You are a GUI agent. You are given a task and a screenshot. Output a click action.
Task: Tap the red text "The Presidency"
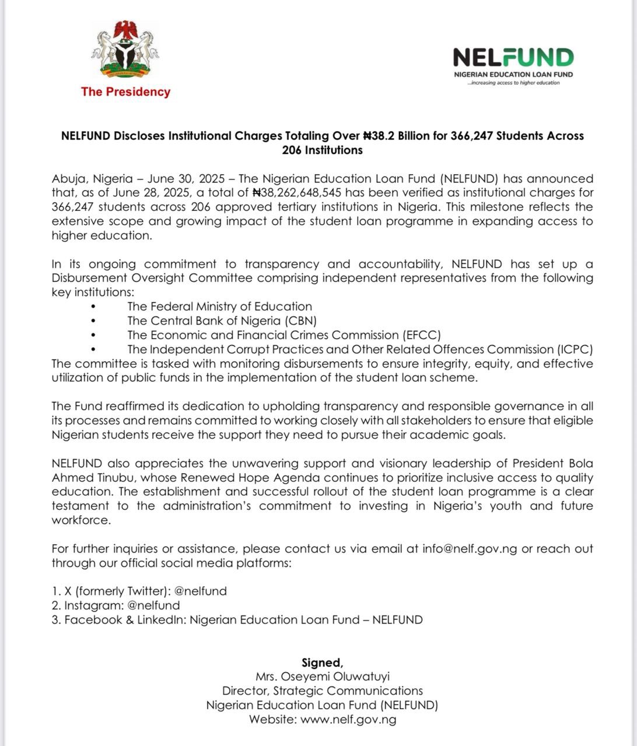(x=125, y=92)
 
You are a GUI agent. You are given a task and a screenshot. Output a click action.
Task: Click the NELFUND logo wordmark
(x=513, y=58)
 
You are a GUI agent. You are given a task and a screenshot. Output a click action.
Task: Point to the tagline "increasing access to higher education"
(x=514, y=83)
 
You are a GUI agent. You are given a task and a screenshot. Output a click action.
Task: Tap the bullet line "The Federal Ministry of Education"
(x=219, y=307)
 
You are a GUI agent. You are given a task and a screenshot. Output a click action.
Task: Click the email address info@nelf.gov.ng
(x=470, y=549)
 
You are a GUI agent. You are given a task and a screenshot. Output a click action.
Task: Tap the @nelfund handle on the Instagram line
(x=153, y=606)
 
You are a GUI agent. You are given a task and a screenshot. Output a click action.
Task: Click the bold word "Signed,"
(x=322, y=663)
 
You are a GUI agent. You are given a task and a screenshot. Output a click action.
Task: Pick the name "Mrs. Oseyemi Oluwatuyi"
(x=322, y=677)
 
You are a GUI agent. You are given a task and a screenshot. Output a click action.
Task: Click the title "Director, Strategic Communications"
(x=322, y=691)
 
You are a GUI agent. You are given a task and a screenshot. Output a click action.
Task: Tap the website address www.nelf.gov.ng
(x=348, y=720)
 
